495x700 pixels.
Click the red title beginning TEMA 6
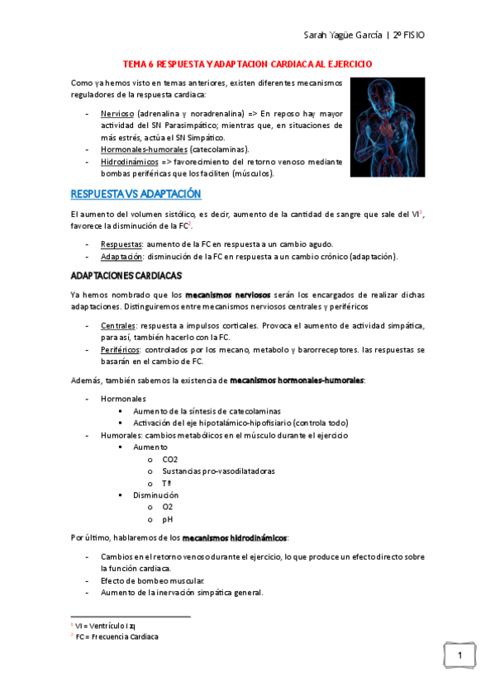click(x=247, y=63)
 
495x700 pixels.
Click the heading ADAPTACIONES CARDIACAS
click(x=126, y=274)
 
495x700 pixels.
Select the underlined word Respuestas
click(x=119, y=244)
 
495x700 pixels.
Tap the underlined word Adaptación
click(x=119, y=257)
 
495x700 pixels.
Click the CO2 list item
click(x=170, y=459)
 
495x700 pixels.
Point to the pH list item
click(x=168, y=519)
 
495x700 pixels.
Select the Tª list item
click(x=167, y=483)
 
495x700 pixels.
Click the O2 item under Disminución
click(x=168, y=507)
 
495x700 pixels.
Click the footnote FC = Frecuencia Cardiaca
click(x=117, y=637)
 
